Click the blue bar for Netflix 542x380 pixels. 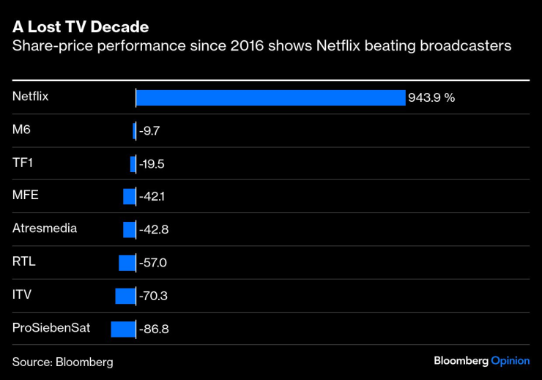pyautogui.click(x=271, y=98)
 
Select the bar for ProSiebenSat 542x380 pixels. pyautogui.click(x=123, y=329)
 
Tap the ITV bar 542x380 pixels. pyautogui.click(x=125, y=296)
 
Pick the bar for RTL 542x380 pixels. pyautogui.click(x=127, y=263)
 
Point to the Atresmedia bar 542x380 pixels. pyautogui.click(x=130, y=230)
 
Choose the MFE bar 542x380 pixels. pyautogui.click(x=130, y=197)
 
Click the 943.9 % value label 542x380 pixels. pyautogui.click(x=431, y=98)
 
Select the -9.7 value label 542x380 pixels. pyautogui.click(x=149, y=131)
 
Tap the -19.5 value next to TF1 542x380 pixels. pyautogui.click(x=152, y=164)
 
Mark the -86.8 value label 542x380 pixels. pyautogui.click(x=154, y=329)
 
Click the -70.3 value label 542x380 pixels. pyautogui.click(x=153, y=296)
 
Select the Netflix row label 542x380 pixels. pyautogui.click(x=30, y=96)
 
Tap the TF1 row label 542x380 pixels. pyautogui.click(x=23, y=162)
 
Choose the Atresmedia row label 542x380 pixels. pyautogui.click(x=45, y=228)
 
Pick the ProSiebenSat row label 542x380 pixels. pyautogui.click(x=51, y=327)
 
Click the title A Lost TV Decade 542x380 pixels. pyautogui.click(x=81, y=28)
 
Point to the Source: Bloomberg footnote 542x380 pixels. pyautogui.click(x=63, y=362)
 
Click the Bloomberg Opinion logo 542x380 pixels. pyautogui.click(x=481, y=361)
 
